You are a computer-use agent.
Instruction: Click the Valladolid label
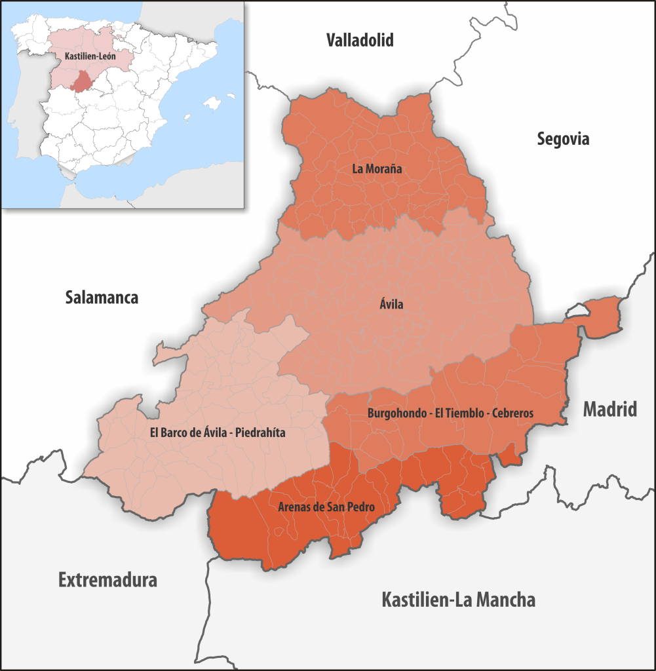(360, 41)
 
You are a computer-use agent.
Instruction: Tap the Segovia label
(563, 139)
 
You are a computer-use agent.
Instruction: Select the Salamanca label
(102, 297)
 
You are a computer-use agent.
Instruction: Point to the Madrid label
(609, 410)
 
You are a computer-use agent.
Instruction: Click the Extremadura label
(107, 580)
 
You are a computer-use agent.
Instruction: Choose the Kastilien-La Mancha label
(458, 600)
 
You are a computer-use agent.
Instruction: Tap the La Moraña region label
(377, 168)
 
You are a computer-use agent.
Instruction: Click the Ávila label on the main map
(391, 304)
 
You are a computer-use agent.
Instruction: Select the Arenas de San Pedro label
(330, 507)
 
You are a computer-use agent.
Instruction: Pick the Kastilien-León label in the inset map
(90, 57)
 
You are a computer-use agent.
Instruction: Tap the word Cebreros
(511, 413)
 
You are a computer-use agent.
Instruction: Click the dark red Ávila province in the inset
(82, 82)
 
